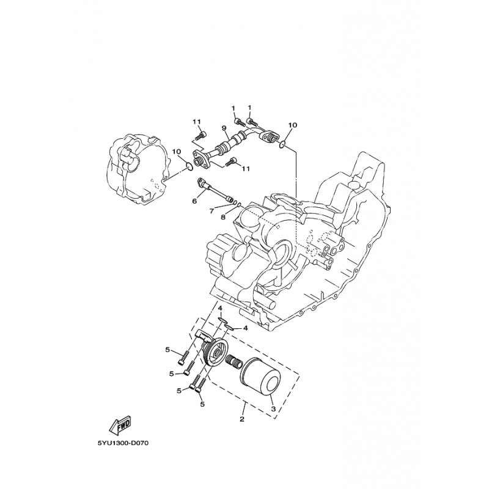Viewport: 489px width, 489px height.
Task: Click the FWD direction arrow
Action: click(120, 425)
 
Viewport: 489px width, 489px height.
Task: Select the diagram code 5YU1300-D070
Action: click(121, 443)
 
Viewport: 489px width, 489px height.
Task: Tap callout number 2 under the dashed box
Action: click(242, 419)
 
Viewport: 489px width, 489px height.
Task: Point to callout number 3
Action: click(273, 408)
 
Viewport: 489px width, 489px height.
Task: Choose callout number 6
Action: click(194, 201)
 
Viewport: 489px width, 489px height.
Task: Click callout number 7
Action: click(212, 211)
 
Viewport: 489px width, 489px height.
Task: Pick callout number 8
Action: click(222, 217)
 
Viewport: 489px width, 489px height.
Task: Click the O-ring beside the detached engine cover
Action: click(188, 167)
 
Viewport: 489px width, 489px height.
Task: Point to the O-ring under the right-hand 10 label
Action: click(282, 144)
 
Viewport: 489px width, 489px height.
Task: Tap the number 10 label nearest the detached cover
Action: click(177, 152)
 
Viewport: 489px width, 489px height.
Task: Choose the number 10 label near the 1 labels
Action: click(293, 125)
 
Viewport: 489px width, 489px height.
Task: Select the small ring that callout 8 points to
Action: click(239, 205)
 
